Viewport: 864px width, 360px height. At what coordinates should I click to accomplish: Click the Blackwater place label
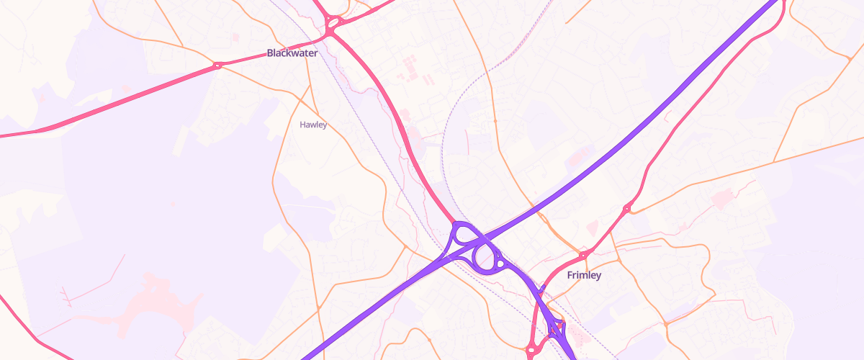click(x=292, y=53)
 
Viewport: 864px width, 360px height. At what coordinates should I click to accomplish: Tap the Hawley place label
click(x=313, y=125)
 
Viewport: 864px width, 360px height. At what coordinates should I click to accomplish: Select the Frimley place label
click(x=584, y=275)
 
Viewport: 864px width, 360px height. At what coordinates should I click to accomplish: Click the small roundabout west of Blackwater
click(x=216, y=66)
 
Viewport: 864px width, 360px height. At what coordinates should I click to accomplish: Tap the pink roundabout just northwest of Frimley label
click(x=582, y=254)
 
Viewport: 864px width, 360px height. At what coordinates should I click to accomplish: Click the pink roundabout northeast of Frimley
click(x=626, y=209)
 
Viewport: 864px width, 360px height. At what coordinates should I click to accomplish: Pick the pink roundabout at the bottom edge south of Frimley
click(x=531, y=351)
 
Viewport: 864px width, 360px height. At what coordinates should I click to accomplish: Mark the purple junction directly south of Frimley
click(x=557, y=328)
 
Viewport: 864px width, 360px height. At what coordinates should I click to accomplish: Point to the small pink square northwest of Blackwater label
click(x=235, y=37)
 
